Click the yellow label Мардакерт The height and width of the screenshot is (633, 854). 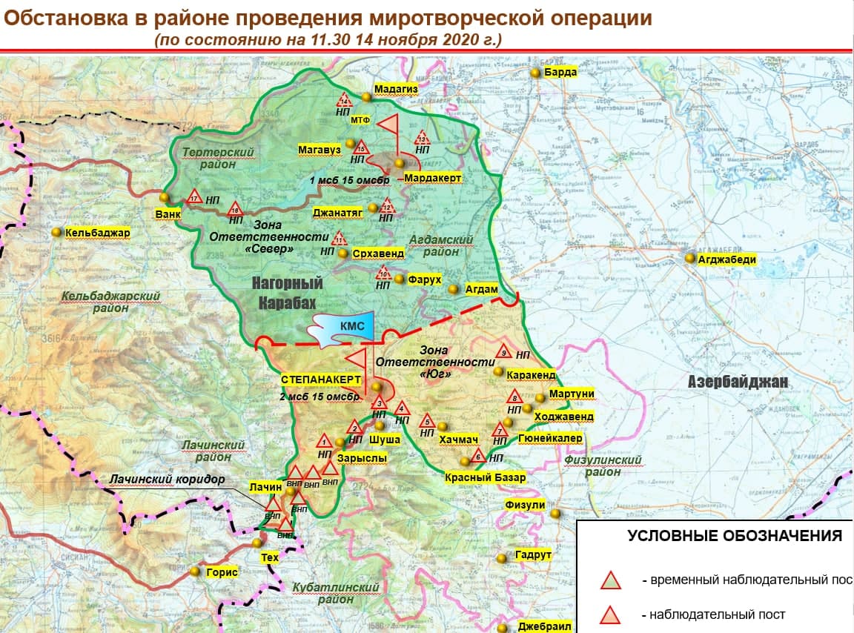click(x=433, y=179)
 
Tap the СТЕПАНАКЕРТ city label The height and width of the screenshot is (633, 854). click(x=320, y=379)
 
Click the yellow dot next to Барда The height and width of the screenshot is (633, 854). click(x=535, y=72)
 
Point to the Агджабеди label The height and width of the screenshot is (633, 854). click(x=726, y=259)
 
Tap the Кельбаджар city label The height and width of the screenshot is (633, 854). click(x=97, y=233)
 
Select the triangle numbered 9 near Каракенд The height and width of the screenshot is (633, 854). click(x=503, y=351)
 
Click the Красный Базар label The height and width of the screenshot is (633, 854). click(x=486, y=477)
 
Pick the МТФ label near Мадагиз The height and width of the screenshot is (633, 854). click(x=360, y=120)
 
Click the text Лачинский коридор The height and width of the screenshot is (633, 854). click(x=167, y=480)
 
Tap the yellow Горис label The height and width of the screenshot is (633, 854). click(x=222, y=572)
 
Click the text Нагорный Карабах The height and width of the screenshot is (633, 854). click(x=287, y=293)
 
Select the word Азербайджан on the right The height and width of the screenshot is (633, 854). click(x=738, y=382)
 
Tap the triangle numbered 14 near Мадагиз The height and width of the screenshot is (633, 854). click(x=344, y=101)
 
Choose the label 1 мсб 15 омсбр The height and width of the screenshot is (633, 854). click(x=350, y=181)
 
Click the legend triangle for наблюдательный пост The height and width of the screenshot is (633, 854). click(x=609, y=614)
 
